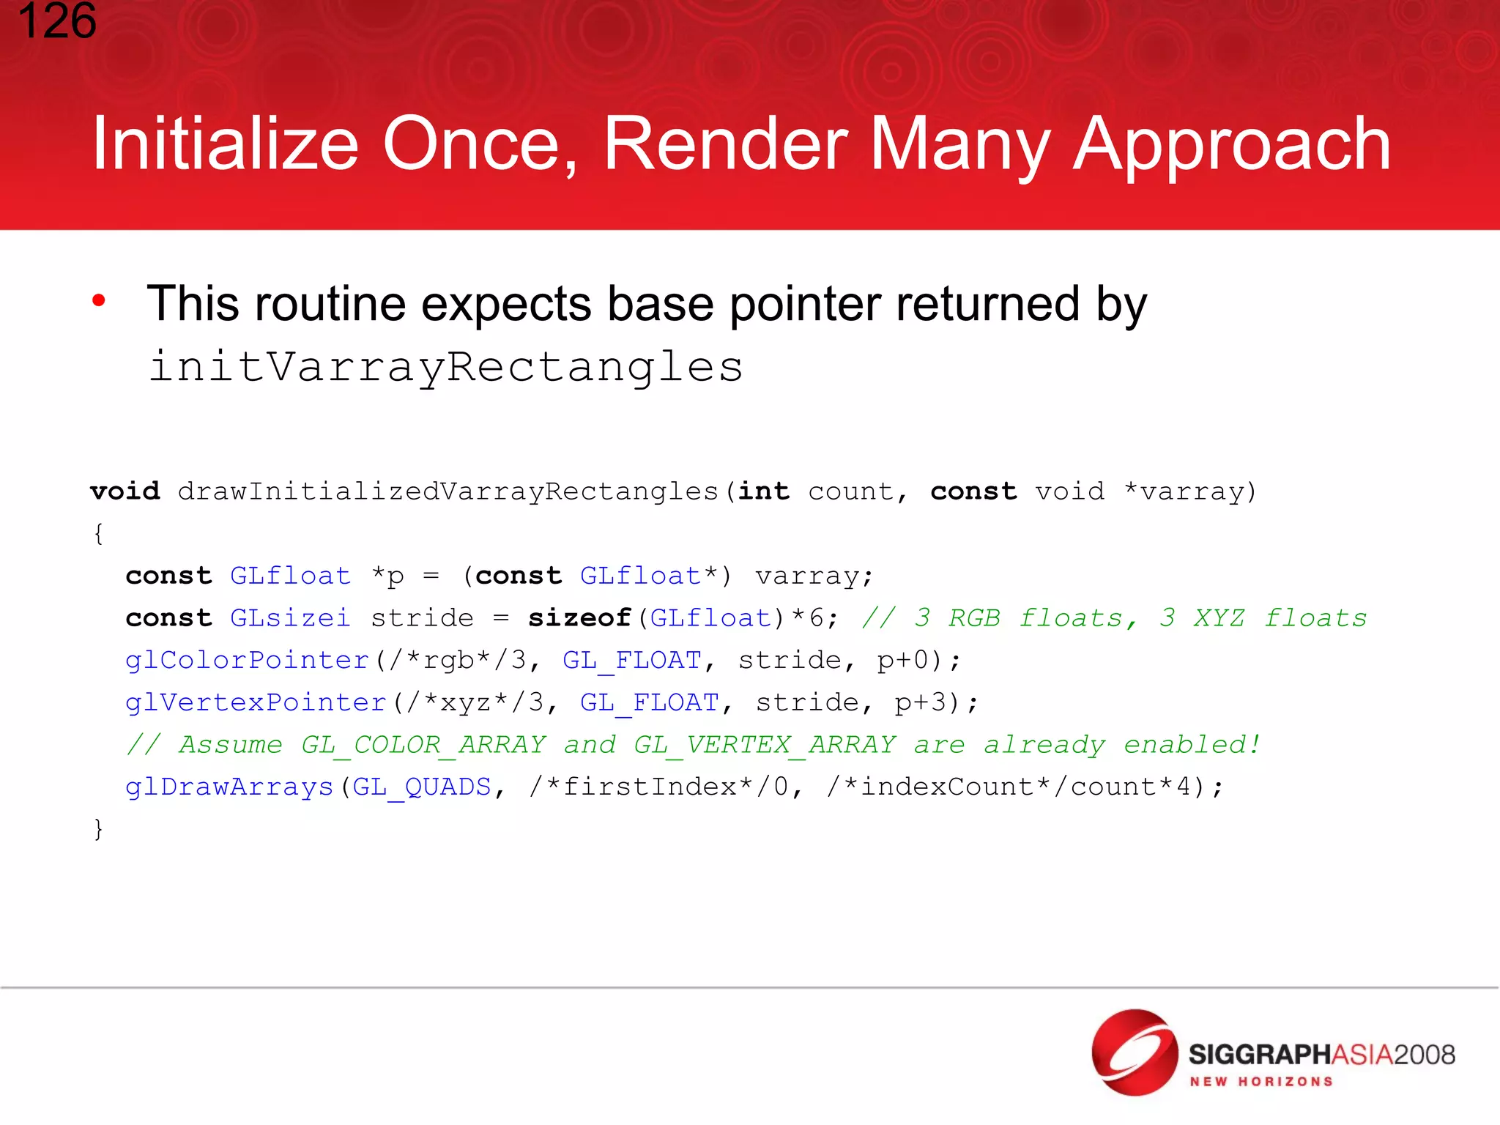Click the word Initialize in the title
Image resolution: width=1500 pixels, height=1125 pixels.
[x=225, y=144]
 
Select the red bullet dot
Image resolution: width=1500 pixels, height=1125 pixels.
[x=99, y=300]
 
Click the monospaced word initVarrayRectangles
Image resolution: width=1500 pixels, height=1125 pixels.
[x=445, y=366]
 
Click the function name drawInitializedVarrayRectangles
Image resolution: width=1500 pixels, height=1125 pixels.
[x=448, y=491]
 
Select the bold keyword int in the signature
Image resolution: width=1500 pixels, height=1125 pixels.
[x=763, y=491]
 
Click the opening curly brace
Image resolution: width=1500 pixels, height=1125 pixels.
[x=98, y=533]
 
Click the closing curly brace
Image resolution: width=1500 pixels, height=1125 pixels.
[x=98, y=829]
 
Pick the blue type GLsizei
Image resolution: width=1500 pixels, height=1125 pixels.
[x=290, y=618]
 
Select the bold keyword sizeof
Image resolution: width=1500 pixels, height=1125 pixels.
[x=579, y=618]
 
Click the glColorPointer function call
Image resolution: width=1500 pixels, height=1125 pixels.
[x=247, y=661]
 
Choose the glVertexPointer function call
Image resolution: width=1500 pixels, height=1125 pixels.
[x=256, y=702]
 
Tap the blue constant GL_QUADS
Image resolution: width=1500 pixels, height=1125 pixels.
[x=421, y=787]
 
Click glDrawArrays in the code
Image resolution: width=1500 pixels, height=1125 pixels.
[x=229, y=787]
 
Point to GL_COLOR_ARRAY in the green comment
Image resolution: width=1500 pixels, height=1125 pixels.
[x=423, y=745]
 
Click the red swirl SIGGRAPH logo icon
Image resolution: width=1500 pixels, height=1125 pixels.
[x=1134, y=1052]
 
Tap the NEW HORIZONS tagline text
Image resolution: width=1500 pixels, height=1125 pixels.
[x=1260, y=1082]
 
